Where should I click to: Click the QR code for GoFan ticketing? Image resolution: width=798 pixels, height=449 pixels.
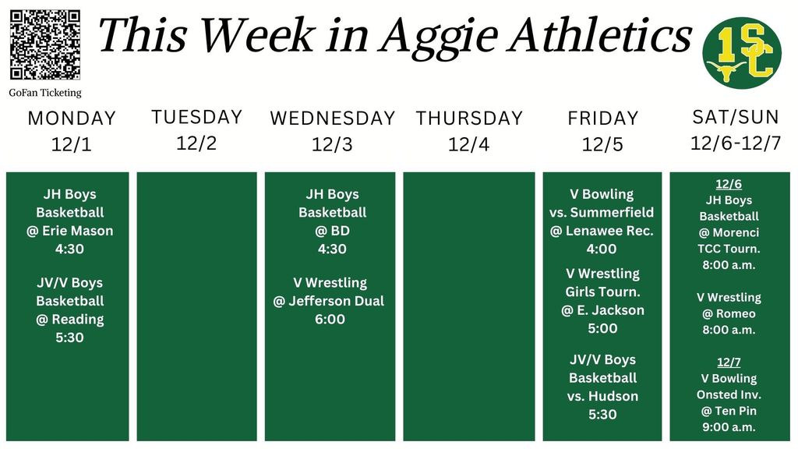(45, 44)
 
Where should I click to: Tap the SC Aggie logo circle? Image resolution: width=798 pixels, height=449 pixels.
(741, 53)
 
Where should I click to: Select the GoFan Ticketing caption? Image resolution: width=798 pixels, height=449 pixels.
(45, 93)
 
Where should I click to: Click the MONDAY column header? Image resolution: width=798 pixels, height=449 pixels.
(72, 118)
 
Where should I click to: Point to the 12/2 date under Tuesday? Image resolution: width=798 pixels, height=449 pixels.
(196, 143)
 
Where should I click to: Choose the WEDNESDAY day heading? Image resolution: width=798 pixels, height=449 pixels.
(333, 118)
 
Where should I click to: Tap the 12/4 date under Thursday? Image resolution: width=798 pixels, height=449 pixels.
(469, 144)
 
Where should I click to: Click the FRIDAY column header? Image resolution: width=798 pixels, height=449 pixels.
(603, 118)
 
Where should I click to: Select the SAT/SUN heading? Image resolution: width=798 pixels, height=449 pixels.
(735, 117)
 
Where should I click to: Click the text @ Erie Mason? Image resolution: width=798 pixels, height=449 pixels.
(70, 231)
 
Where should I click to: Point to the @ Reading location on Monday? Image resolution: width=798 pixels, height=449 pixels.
(70, 319)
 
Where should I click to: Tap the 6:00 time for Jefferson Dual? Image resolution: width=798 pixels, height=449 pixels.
(330, 319)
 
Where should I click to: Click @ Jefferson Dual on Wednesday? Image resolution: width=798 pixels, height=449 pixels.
(329, 301)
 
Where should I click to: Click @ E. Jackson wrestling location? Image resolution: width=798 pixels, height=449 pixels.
(602, 309)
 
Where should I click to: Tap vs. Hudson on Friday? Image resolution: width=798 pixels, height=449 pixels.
(602, 396)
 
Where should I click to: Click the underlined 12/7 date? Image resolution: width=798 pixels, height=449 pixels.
(728, 362)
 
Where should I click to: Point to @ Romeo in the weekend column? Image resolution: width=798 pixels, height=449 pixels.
(729, 313)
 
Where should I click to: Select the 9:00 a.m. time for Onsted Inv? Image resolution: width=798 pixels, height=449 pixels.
(728, 427)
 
